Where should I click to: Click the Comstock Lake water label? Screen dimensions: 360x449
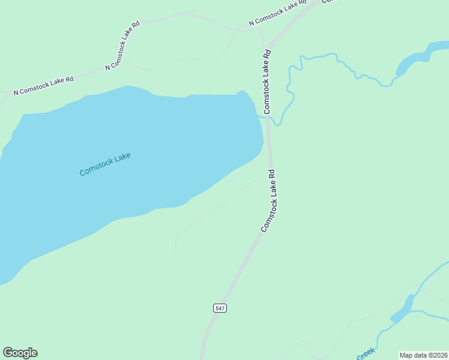click(105, 164)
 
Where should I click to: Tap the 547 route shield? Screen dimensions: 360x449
click(220, 308)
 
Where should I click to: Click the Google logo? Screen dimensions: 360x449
click(20, 353)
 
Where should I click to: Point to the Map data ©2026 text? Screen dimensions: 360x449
click(423, 355)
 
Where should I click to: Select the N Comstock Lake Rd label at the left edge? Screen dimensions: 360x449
click(43, 85)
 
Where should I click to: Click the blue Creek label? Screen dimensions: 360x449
click(366, 354)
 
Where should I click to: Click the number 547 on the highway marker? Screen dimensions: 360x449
click(220, 308)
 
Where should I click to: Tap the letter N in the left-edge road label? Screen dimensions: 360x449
click(16, 92)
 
